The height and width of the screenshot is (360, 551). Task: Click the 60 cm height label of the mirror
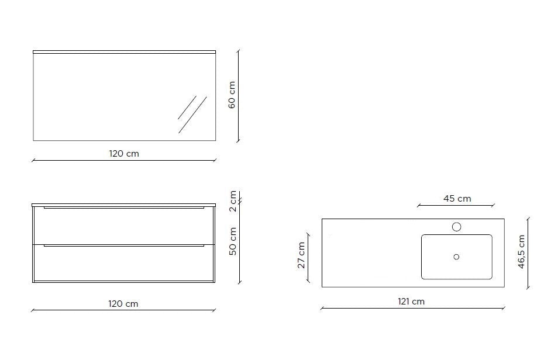tap(232, 95)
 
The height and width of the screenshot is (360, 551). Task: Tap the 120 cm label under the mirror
tap(124, 154)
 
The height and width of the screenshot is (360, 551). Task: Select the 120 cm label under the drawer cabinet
tap(123, 304)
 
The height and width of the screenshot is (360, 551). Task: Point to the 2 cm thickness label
tap(233, 201)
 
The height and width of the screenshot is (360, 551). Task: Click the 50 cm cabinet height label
tap(233, 241)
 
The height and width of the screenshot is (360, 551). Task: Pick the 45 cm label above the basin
tap(457, 199)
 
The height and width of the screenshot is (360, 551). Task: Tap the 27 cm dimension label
tap(301, 255)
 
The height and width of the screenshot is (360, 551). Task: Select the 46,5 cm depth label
tap(521, 252)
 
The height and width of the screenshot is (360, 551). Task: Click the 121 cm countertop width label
tap(411, 302)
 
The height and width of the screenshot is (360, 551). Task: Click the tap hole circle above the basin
tap(456, 227)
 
